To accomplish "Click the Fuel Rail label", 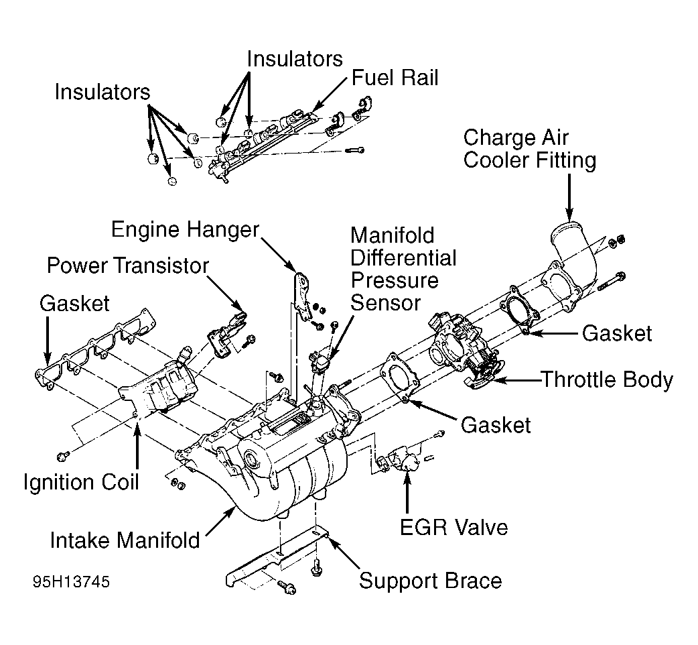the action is [x=395, y=78].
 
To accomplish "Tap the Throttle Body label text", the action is [x=608, y=380].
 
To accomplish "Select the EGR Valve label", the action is [x=453, y=528].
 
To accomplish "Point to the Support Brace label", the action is [x=431, y=581].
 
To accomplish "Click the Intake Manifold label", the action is [x=125, y=540].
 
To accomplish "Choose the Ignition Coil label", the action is [x=82, y=483].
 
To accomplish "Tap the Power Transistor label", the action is [x=128, y=266].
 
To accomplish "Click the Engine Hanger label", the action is [x=185, y=230].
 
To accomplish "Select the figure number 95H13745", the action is [x=71, y=582].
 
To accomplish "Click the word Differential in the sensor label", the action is [x=403, y=258].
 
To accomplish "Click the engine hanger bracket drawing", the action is [x=302, y=296].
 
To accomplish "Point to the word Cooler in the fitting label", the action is [x=496, y=160].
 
